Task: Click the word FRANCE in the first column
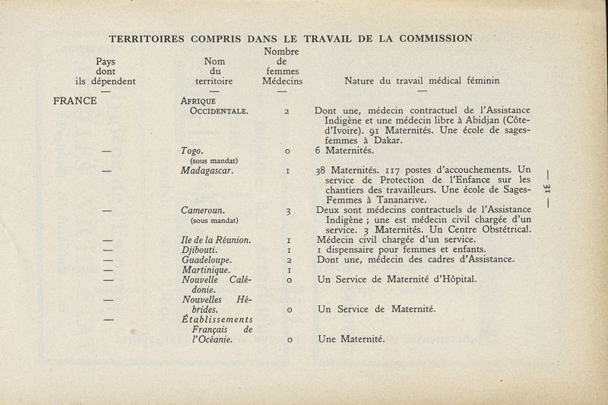point(75,100)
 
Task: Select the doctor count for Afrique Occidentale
point(287,111)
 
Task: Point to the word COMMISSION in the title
point(432,37)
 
